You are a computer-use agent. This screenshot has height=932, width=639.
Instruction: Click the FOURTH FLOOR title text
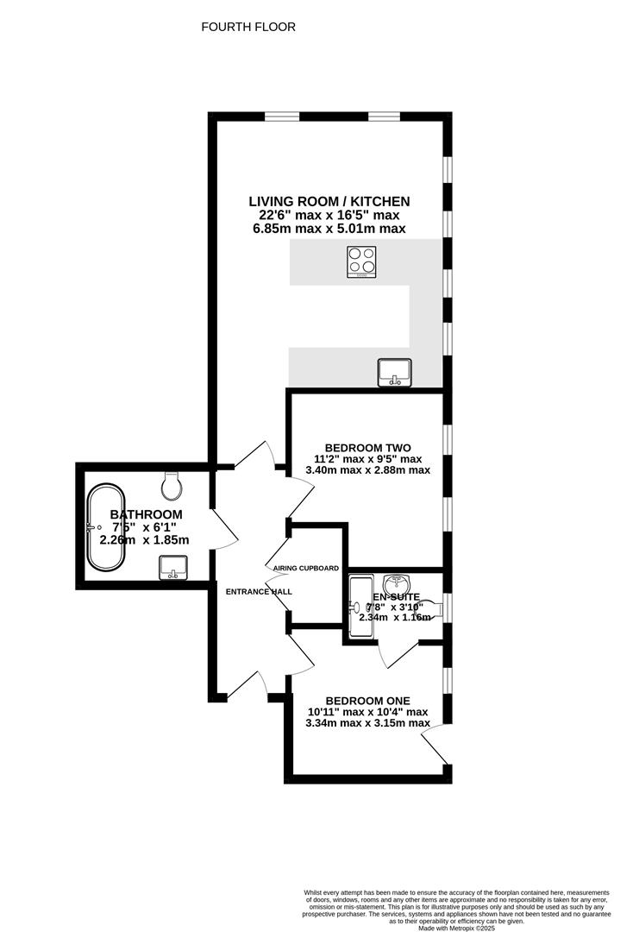coord(248,27)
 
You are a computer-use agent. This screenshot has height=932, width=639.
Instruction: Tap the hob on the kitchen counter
coord(362,262)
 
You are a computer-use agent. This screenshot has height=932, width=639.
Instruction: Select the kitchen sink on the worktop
coord(394,371)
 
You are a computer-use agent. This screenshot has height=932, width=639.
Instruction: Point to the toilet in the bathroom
coord(172,485)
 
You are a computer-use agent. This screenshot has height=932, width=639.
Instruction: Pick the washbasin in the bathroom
coord(173,567)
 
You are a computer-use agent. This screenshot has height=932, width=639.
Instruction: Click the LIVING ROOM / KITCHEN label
coord(329,201)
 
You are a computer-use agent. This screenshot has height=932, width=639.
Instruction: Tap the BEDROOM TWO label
coord(367,448)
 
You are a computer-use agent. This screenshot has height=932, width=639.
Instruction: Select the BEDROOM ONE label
coord(367,700)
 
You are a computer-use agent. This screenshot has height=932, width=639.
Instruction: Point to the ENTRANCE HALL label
coord(259,592)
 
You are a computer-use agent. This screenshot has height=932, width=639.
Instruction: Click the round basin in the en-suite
coord(396,582)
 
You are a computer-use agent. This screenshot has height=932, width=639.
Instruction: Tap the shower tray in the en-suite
coord(360,608)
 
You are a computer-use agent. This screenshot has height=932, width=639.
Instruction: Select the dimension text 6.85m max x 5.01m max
coord(329,229)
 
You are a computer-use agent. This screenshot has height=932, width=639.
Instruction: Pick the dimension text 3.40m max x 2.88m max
coord(367,470)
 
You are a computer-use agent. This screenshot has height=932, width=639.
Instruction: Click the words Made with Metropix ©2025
coord(456,928)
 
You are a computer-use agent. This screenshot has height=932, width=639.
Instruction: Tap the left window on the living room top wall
coord(282,116)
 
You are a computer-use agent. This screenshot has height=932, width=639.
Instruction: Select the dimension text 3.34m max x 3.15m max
coord(367,723)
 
